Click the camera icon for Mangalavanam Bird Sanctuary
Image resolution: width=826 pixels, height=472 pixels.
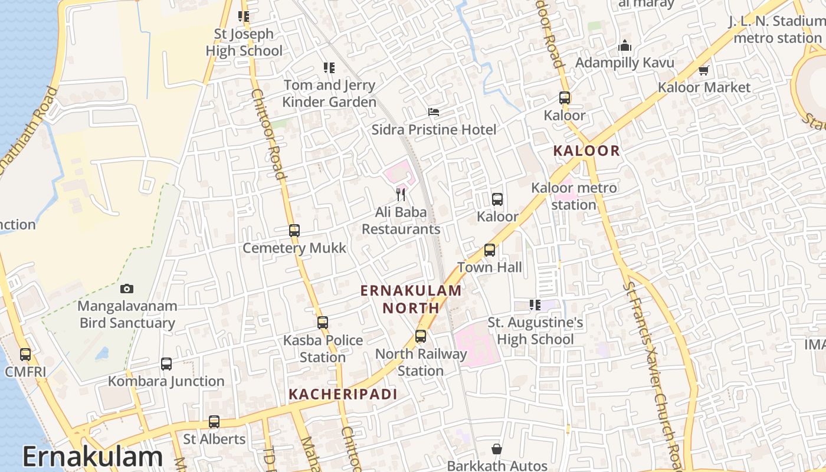pos(126,289)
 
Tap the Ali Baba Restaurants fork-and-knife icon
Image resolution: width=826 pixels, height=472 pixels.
pos(401,194)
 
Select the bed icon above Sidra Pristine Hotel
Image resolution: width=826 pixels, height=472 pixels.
pos(434,112)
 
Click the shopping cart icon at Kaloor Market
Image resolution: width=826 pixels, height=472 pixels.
pos(703,70)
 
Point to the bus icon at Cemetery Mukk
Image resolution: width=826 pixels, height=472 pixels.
pos(294,231)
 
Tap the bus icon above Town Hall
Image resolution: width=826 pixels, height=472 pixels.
pos(490,250)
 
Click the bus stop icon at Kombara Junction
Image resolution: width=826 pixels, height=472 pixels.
pos(166,364)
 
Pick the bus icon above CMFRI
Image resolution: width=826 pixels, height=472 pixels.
pos(25,354)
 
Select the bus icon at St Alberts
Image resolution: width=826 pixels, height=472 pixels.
pos(214,422)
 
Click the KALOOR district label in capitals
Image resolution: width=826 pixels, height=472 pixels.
pos(586,151)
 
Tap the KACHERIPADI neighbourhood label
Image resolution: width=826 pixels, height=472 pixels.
pos(343,394)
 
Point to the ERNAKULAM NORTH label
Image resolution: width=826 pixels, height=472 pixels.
pos(411,299)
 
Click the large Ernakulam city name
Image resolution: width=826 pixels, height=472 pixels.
pos(93,457)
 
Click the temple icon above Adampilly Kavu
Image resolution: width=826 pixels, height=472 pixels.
pos(625,45)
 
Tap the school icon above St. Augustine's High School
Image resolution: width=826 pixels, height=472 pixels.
pos(535,305)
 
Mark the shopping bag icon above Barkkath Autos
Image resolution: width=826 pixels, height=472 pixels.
pos(497,449)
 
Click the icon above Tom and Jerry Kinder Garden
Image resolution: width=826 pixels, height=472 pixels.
pos(329,68)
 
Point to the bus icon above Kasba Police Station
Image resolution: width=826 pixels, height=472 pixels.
pos(323,323)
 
